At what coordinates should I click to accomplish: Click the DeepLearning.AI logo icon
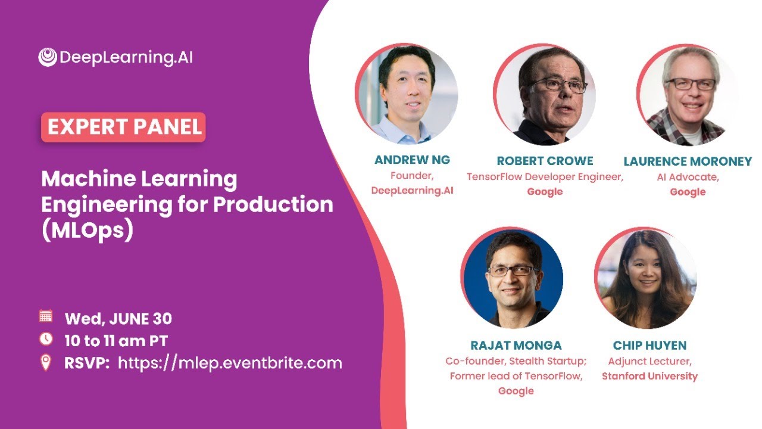pos(48,57)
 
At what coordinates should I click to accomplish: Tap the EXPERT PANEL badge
pos(123,128)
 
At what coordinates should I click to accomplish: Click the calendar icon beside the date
pos(46,316)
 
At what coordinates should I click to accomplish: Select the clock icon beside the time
pos(46,339)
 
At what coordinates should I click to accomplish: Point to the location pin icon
pos(46,362)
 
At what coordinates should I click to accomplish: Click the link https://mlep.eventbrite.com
pos(230,363)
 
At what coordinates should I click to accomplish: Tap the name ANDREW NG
pos(412,160)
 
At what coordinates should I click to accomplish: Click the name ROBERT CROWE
pos(545,161)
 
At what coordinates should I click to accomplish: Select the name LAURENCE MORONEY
pos(688,161)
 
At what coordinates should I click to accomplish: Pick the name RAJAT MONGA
pos(516,346)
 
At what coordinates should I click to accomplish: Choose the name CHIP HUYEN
pos(649,346)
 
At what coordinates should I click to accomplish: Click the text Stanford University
pos(649,376)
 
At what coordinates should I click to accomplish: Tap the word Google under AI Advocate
pos(688,192)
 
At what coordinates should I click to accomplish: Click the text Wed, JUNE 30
pos(118,319)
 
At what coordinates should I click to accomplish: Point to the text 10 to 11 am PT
pos(115,341)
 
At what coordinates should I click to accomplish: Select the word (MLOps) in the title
pos(86,231)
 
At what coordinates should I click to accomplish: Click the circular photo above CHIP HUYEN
pos(646,278)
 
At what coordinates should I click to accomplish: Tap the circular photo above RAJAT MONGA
pos(512,278)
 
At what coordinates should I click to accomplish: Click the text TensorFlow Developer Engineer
pos(545,177)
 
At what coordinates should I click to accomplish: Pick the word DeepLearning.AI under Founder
pos(412,191)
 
